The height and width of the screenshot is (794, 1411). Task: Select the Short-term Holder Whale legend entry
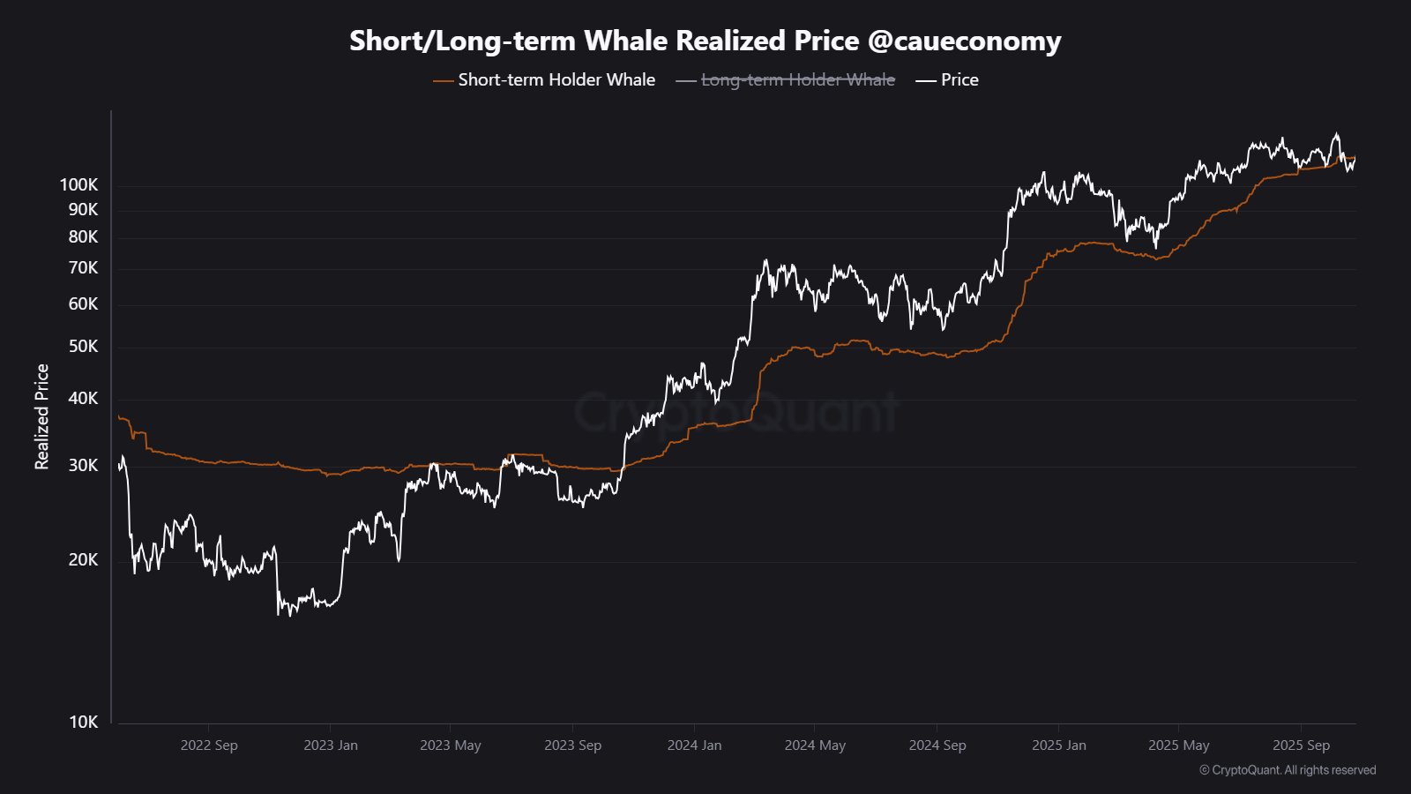pos(556,79)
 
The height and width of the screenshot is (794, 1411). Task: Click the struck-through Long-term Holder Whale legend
pos(797,79)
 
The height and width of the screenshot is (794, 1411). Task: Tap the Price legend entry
pos(959,79)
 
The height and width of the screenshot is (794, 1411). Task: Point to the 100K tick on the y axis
pos(79,184)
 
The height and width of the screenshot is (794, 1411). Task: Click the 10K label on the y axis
pos(84,722)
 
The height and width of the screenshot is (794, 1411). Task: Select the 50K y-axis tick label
pos(84,346)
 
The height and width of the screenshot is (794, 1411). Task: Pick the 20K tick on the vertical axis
pos(84,559)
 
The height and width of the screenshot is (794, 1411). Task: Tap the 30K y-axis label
pos(84,465)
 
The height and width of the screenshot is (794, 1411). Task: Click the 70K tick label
pos(84,267)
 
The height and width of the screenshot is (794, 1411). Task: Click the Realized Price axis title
pos(41,416)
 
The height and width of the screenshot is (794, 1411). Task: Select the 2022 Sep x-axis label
pos(209,745)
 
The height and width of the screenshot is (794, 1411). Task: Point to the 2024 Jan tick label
pos(694,745)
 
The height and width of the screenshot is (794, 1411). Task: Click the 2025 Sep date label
pos(1301,745)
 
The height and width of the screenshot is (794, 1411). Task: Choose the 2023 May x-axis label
pos(451,745)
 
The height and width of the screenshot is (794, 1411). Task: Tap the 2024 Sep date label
pos(937,745)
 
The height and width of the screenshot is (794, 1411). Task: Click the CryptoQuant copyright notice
pos(1288,770)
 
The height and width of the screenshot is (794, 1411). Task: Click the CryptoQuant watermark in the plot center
pos(736,412)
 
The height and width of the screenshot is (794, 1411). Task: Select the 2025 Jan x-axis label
pos(1059,745)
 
